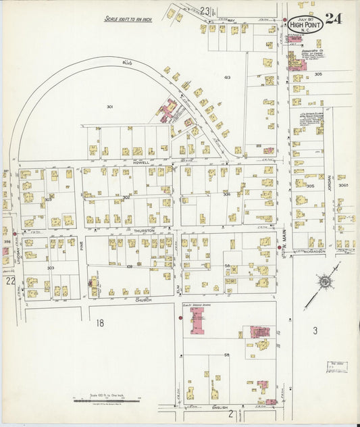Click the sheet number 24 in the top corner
[333, 18]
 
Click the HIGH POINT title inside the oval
[306, 24]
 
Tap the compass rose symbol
[325, 282]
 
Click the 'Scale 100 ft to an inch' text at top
[128, 20]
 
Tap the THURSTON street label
[144, 230]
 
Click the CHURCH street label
[143, 299]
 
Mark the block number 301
[109, 107]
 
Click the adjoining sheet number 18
[100, 324]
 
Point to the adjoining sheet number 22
[10, 280]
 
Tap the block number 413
[228, 78]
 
